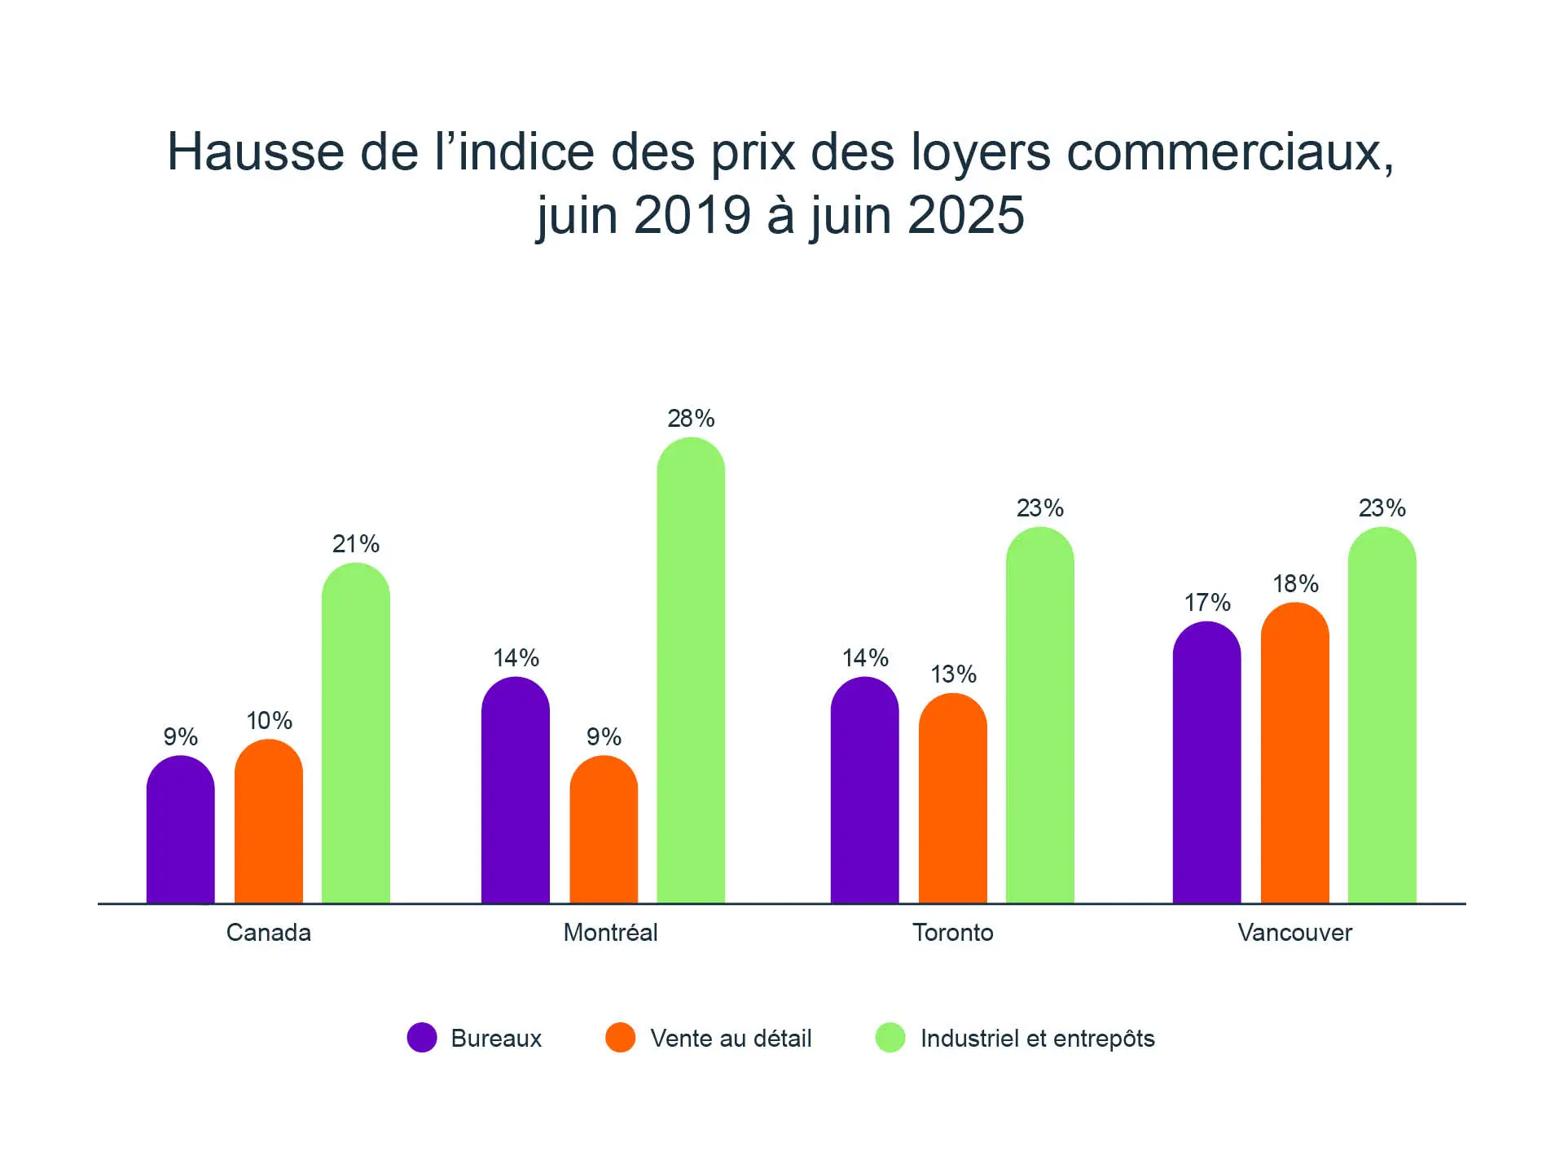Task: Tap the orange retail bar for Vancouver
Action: pyautogui.click(x=1294, y=753)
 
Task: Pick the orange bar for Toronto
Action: pyautogui.click(x=952, y=798)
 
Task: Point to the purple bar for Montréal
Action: pyautogui.click(x=516, y=790)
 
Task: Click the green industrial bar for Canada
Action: pyautogui.click(x=356, y=733)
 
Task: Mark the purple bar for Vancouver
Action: pyautogui.click(x=1206, y=762)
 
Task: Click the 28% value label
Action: pyautogui.click(x=691, y=419)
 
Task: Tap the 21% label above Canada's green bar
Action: pyautogui.click(x=356, y=544)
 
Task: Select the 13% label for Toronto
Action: pyautogui.click(x=953, y=674)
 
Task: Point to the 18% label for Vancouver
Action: pyautogui.click(x=1295, y=584)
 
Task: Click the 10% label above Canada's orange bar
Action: pyautogui.click(x=269, y=721)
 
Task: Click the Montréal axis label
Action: pyautogui.click(x=610, y=933)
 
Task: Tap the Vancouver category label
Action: pyautogui.click(x=1294, y=933)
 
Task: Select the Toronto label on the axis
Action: pyautogui.click(x=952, y=933)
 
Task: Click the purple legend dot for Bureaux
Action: pyautogui.click(x=422, y=1038)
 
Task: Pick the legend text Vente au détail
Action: pyautogui.click(x=731, y=1039)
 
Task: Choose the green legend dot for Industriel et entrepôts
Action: pyautogui.click(x=890, y=1038)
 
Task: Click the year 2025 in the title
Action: pyautogui.click(x=965, y=216)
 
